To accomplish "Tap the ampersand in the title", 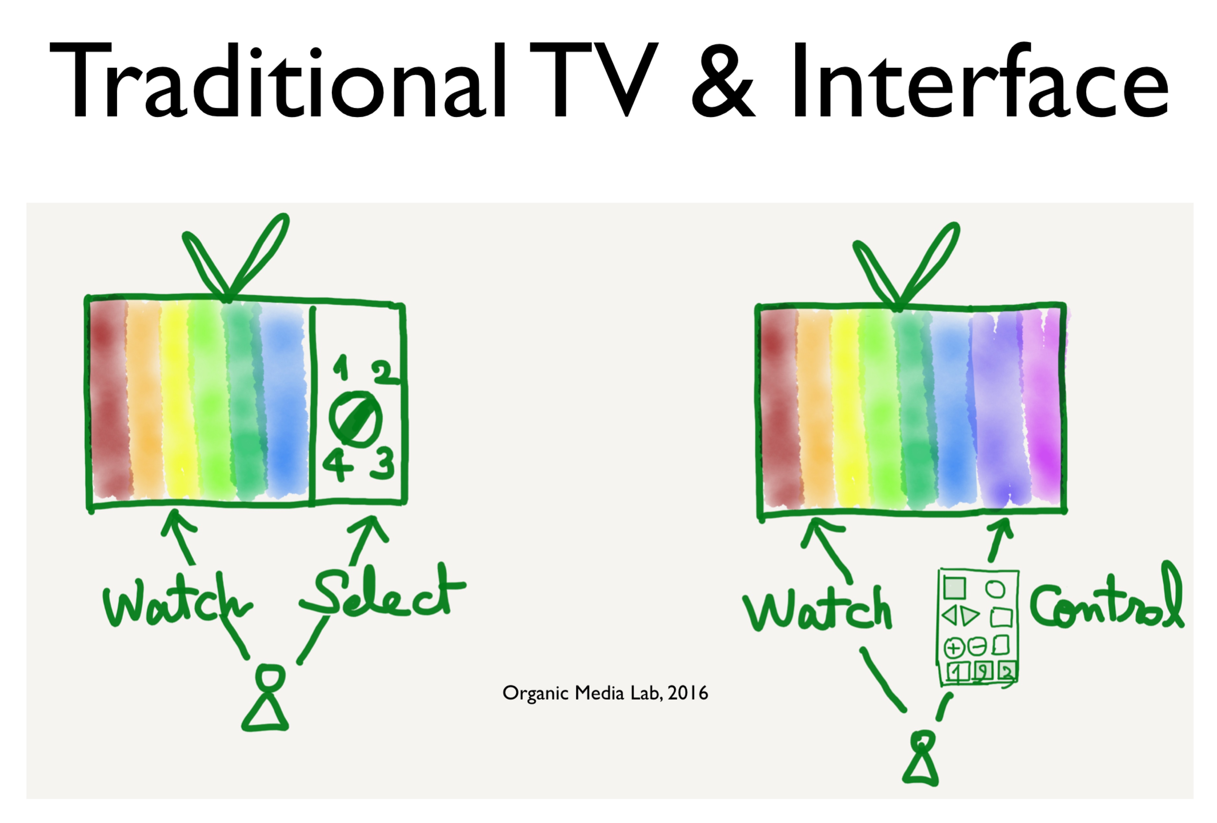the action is coord(723,81).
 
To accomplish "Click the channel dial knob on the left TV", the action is coord(355,419).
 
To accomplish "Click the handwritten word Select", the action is coord(382,594).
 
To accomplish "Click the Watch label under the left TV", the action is coord(178,602).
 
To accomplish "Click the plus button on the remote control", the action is coord(954,648).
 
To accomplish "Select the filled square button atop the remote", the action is coord(954,587).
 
